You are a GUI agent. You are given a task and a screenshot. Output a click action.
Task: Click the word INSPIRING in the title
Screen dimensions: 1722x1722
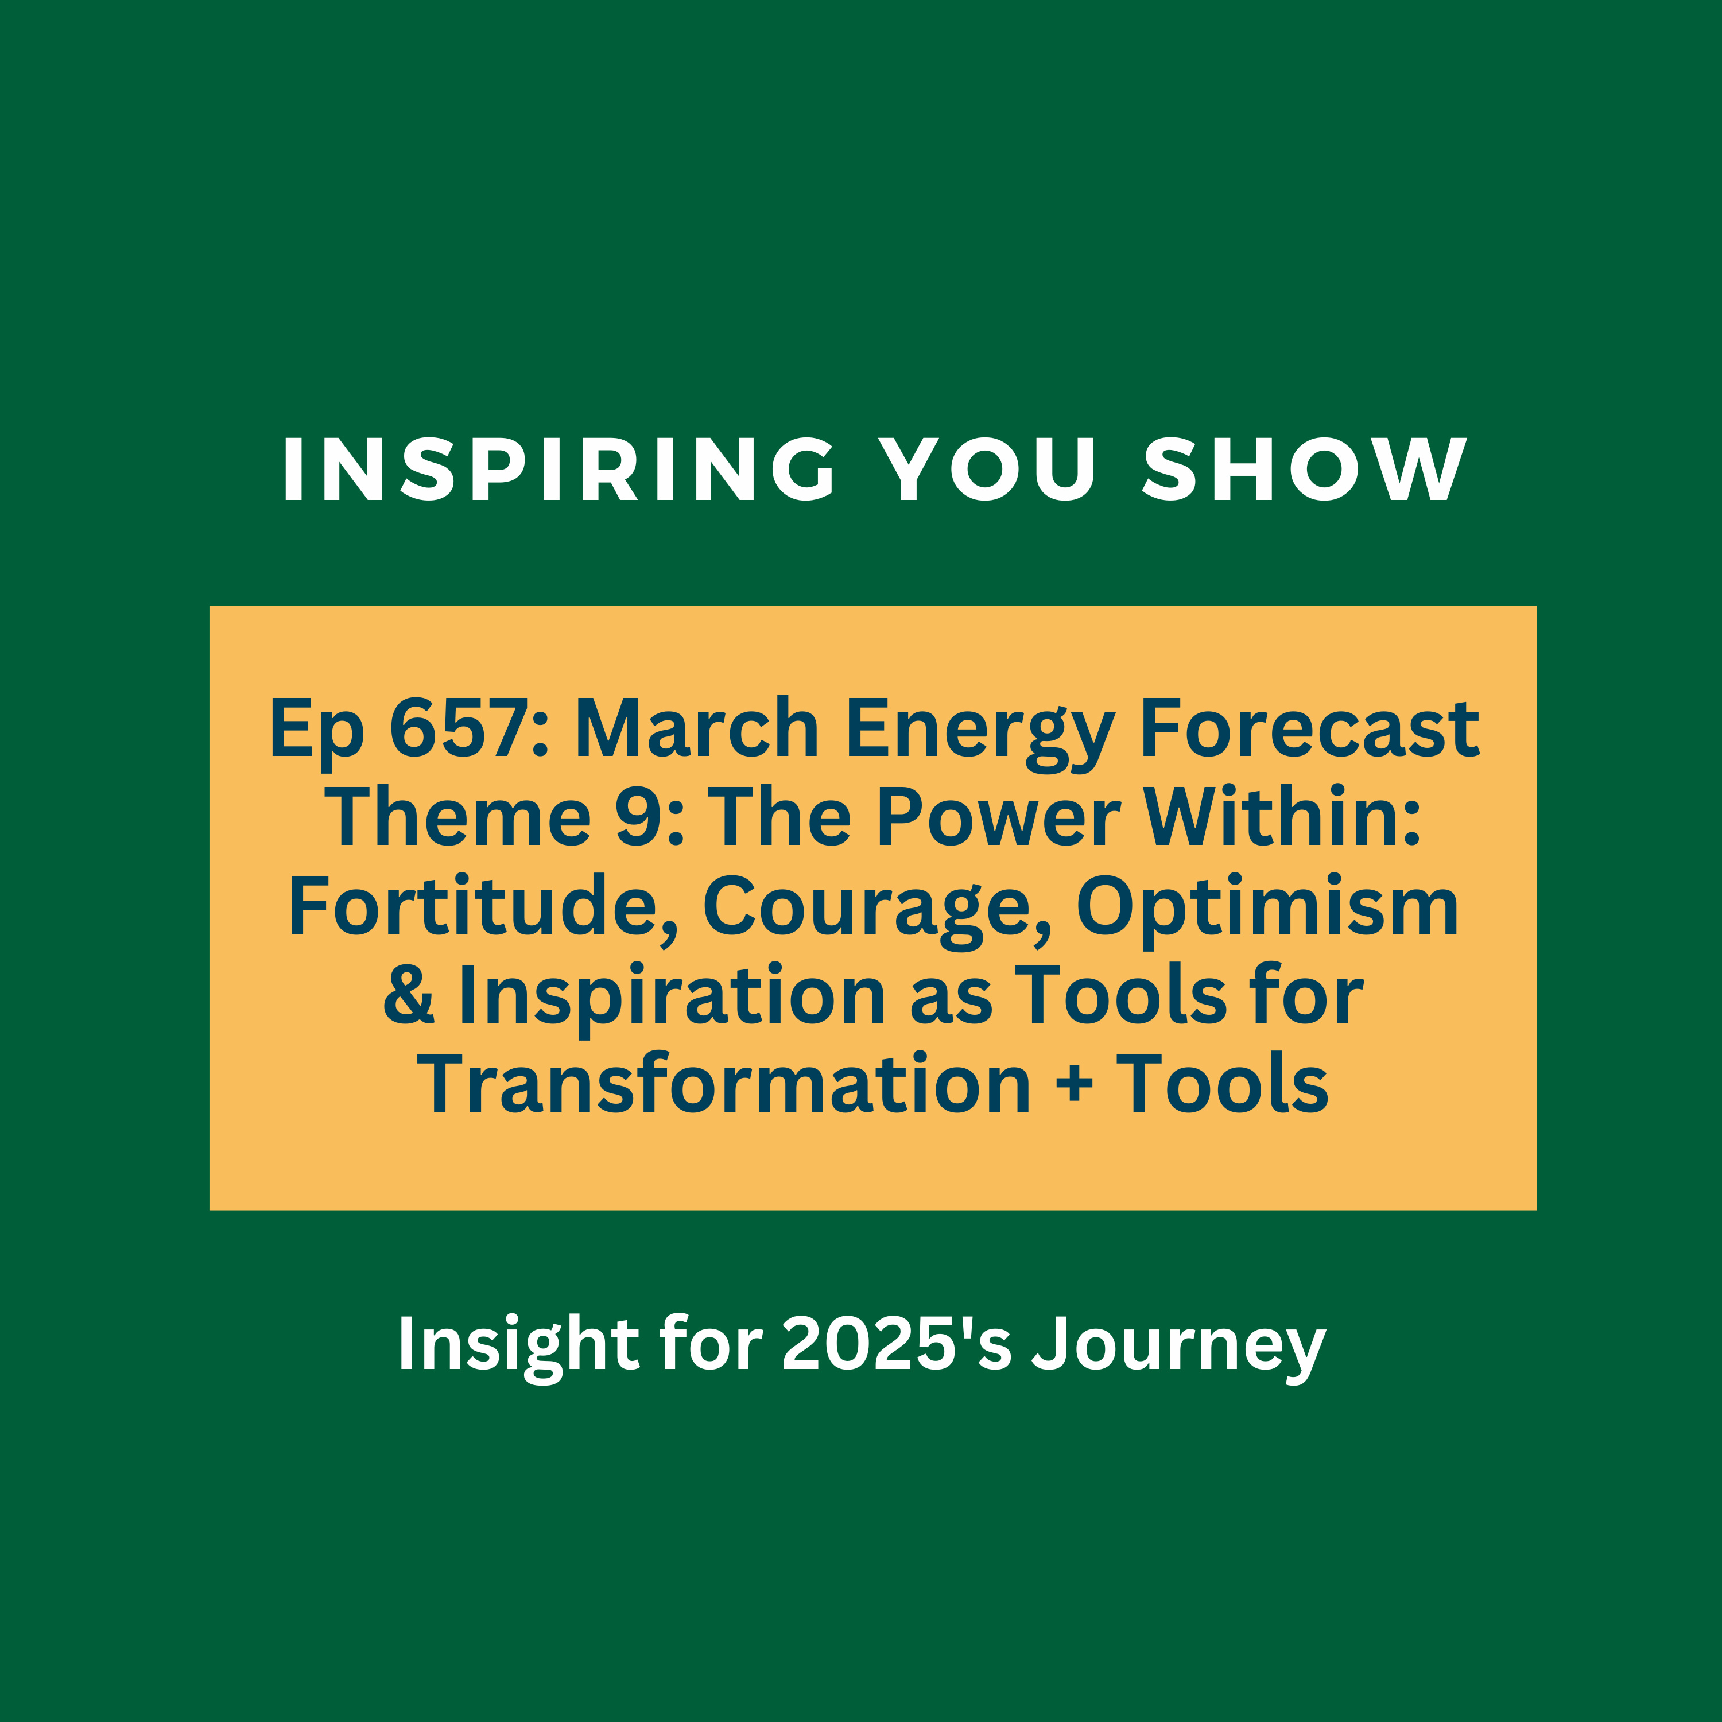559,470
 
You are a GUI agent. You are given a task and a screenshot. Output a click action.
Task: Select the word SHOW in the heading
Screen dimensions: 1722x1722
1304,470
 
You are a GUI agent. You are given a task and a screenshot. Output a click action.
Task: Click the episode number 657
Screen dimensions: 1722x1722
460,728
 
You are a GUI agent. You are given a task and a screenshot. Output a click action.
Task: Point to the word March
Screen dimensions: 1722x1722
697,728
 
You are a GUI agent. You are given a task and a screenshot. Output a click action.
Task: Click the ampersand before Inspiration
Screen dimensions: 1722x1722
408,995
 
